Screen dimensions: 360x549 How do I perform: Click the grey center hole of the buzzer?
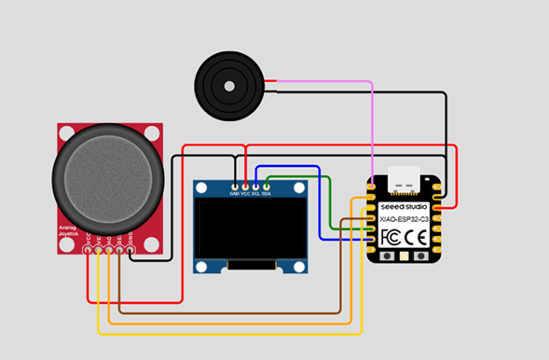pos(228,86)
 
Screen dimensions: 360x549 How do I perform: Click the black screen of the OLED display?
pos(250,231)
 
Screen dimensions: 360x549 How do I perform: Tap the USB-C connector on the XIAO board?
pos(408,176)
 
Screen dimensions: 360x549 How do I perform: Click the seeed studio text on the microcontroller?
pos(404,205)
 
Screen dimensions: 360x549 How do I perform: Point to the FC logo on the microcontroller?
pos(391,237)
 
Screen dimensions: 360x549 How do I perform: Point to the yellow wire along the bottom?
pos(233,333)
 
